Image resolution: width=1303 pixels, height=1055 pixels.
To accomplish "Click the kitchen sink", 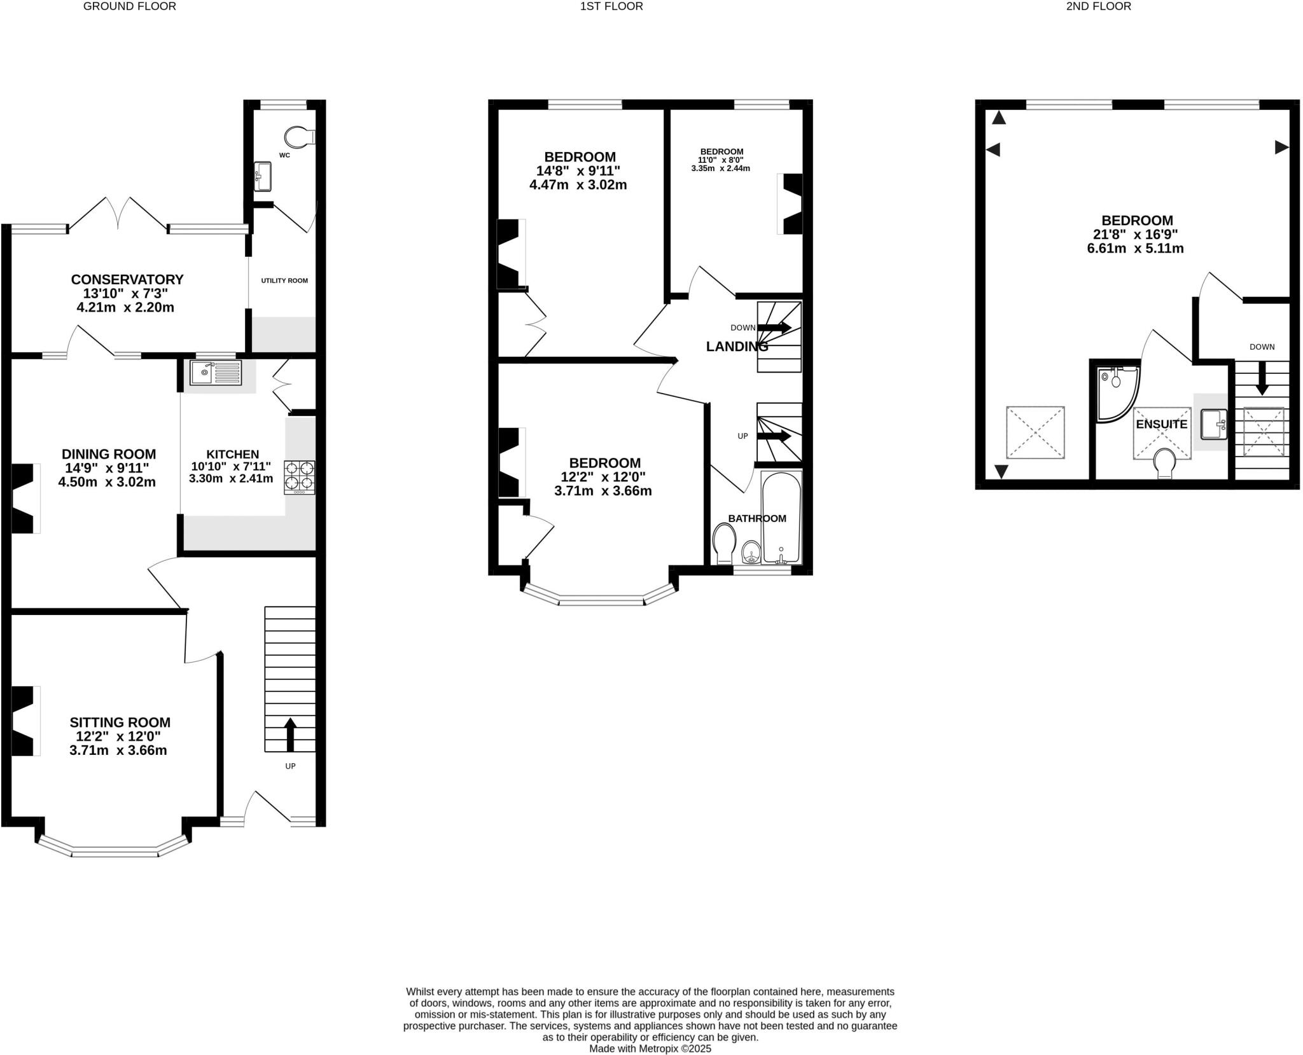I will [x=216, y=373].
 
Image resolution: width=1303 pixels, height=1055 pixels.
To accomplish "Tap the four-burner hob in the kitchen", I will [x=299, y=477].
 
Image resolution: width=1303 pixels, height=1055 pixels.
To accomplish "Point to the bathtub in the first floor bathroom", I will [x=781, y=518].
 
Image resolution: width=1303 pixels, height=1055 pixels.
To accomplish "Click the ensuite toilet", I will [x=1164, y=464].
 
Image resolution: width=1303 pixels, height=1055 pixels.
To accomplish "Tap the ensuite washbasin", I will [x=1213, y=425].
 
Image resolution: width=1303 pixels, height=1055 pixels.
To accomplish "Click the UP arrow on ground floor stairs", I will [x=290, y=734].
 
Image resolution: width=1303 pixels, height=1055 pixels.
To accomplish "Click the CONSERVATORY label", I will [x=127, y=280].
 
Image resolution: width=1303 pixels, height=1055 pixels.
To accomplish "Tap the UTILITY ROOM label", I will [x=284, y=280].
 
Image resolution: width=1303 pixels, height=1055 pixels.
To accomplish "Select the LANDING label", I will [x=737, y=347].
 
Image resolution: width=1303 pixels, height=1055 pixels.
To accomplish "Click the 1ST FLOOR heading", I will [x=611, y=6].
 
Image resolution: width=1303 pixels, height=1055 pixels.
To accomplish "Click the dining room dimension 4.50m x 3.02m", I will [x=107, y=482].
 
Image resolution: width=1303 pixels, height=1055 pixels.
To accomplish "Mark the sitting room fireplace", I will [x=24, y=721].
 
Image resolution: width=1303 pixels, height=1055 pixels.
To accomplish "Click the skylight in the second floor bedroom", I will [x=1035, y=432].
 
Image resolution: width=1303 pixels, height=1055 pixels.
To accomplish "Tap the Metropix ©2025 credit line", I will [x=650, y=1049].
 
